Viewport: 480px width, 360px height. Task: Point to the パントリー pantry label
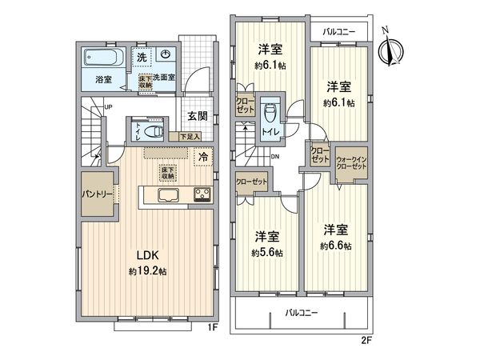pos(97,194)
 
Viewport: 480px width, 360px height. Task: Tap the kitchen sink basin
pos(169,196)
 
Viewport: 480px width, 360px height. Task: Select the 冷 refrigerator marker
pos(204,157)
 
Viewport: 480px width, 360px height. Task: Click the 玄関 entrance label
pos(198,115)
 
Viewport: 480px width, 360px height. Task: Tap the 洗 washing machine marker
pos(140,58)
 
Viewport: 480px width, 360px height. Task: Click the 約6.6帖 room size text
pos(336,246)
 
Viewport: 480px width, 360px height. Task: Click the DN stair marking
pos(274,158)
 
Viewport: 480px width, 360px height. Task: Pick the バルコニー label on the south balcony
pos(301,313)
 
